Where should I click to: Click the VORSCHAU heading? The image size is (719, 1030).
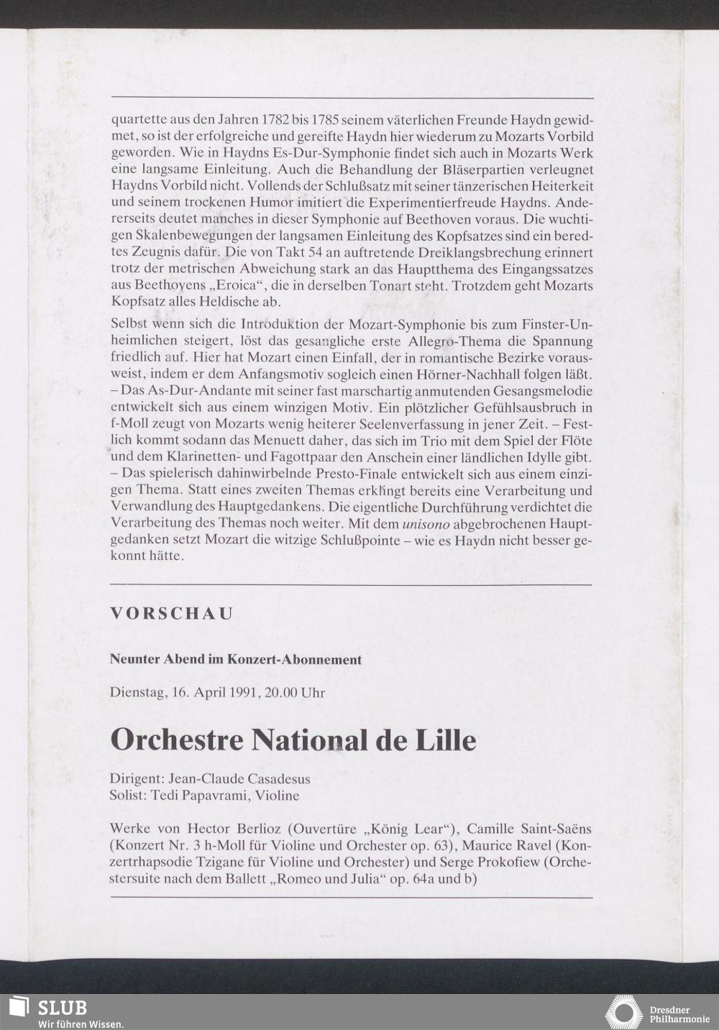(172, 614)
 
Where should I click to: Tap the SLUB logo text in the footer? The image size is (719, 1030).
(62, 1007)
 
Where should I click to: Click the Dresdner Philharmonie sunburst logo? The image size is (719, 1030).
(623, 1012)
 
